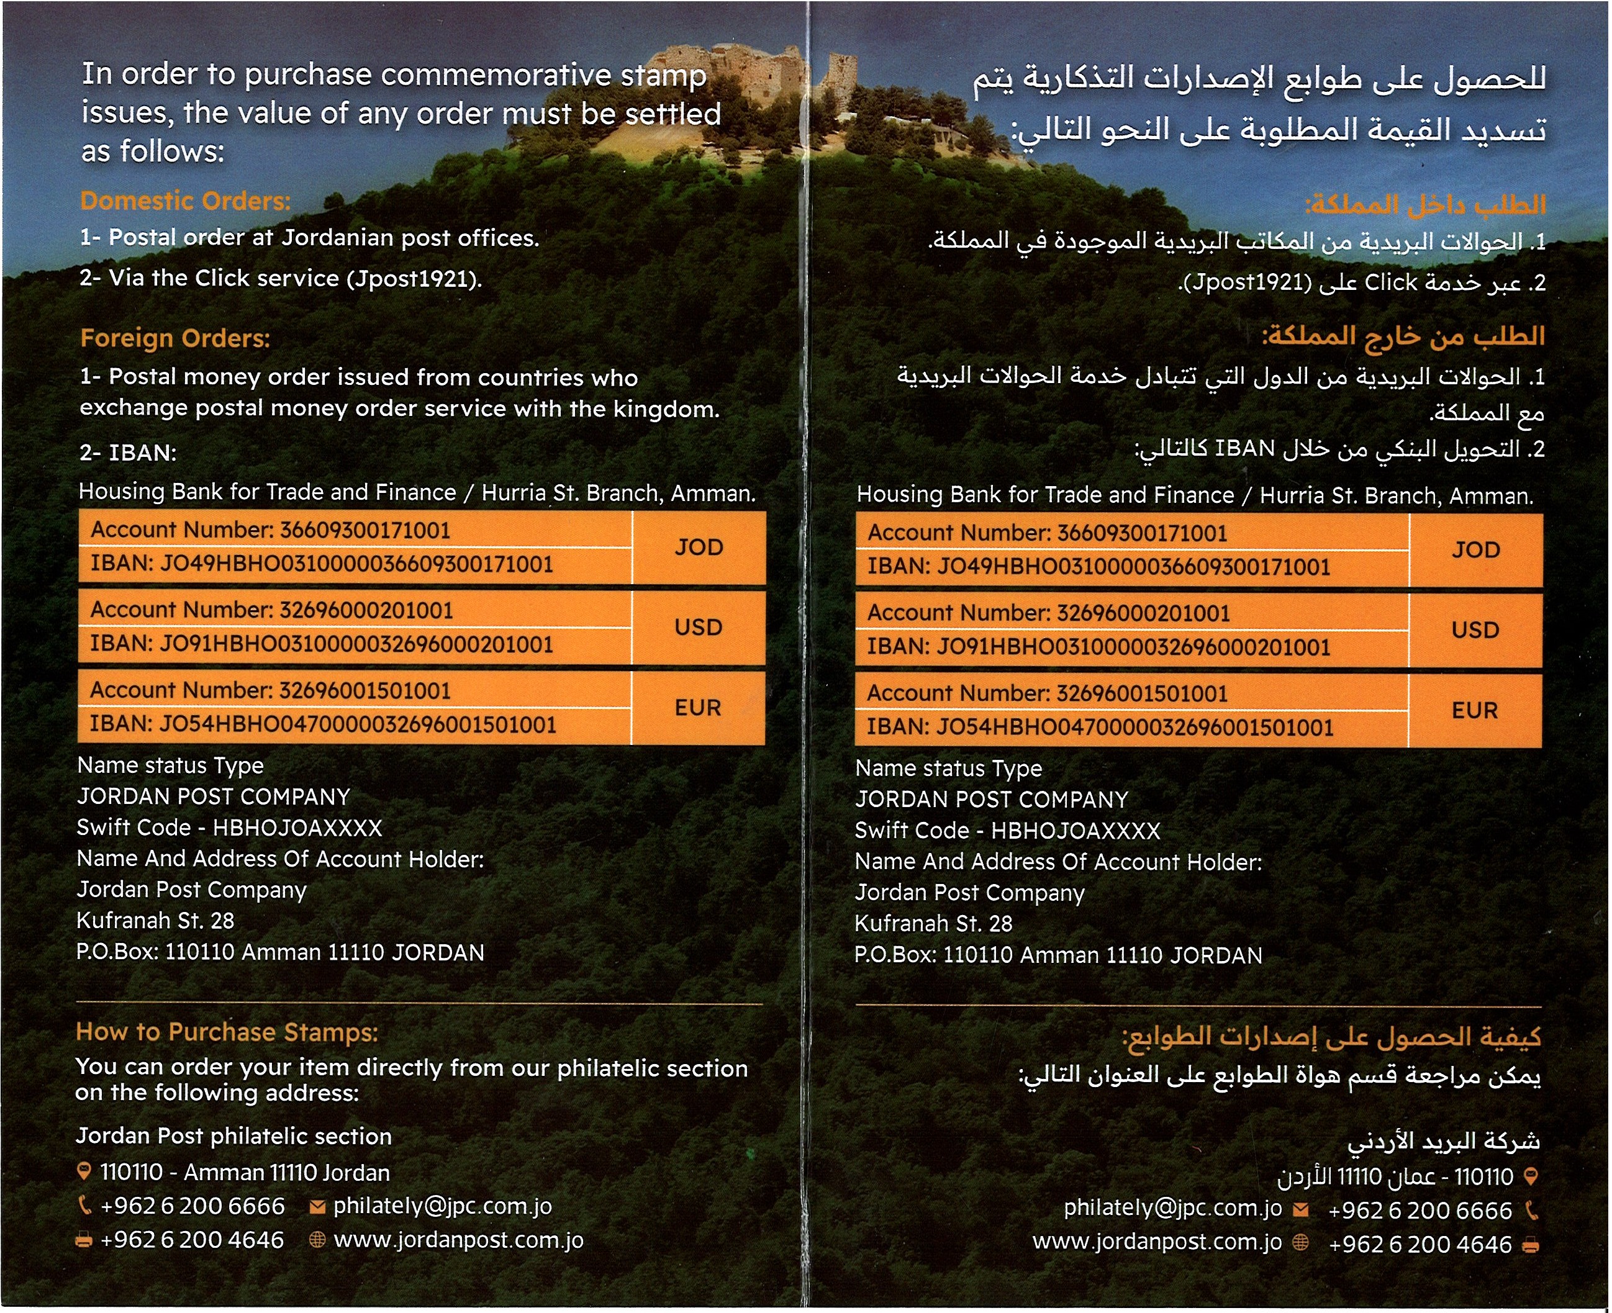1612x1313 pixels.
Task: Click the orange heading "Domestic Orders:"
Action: point(185,201)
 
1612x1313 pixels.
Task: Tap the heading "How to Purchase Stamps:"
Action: point(226,1032)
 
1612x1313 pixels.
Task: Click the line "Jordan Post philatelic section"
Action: point(233,1136)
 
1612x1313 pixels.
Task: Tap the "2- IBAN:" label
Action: point(128,453)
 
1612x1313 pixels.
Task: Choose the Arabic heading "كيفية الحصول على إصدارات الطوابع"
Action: point(1331,1037)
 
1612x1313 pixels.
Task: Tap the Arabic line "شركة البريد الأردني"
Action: point(1442,1141)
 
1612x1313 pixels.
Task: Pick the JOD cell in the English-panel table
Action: point(698,547)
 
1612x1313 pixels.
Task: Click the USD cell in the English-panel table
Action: point(698,627)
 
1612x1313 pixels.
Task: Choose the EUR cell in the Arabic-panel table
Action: point(1474,710)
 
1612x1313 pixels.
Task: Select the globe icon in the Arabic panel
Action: point(1300,1243)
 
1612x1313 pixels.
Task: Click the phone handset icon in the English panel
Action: point(84,1206)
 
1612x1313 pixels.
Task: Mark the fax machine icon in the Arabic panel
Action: point(1530,1245)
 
